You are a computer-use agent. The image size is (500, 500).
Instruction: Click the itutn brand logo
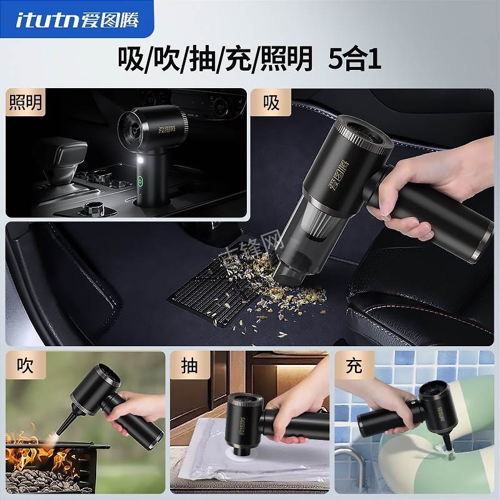[x=78, y=19]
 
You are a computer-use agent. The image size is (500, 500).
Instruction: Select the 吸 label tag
[x=271, y=102]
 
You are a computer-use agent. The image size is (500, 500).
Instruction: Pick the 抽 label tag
[x=189, y=366]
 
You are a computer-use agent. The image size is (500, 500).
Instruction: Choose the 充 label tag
[x=353, y=366]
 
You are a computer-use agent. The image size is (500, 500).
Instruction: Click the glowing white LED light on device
[x=139, y=164]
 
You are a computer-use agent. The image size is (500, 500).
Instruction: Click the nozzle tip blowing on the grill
[x=61, y=431]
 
